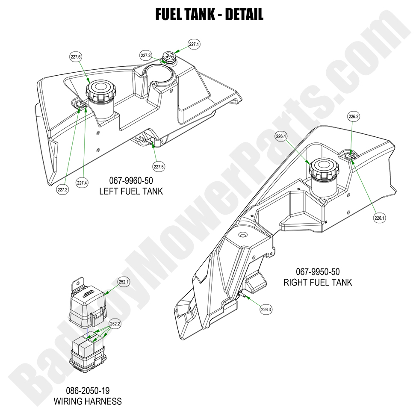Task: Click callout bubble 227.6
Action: [76, 57]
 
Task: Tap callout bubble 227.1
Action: [194, 44]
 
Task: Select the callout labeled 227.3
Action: [146, 55]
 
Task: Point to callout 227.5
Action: [159, 166]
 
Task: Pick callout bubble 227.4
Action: [82, 183]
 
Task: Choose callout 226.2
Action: [354, 116]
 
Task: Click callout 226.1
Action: [379, 218]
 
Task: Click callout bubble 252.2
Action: [115, 324]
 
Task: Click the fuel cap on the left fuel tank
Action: [100, 91]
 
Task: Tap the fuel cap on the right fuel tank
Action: [324, 169]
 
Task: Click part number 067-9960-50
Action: [131, 181]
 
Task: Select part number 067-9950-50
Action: [318, 271]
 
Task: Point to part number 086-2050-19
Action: [88, 391]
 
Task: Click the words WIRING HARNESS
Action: [88, 401]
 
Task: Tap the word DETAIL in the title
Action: [244, 15]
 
